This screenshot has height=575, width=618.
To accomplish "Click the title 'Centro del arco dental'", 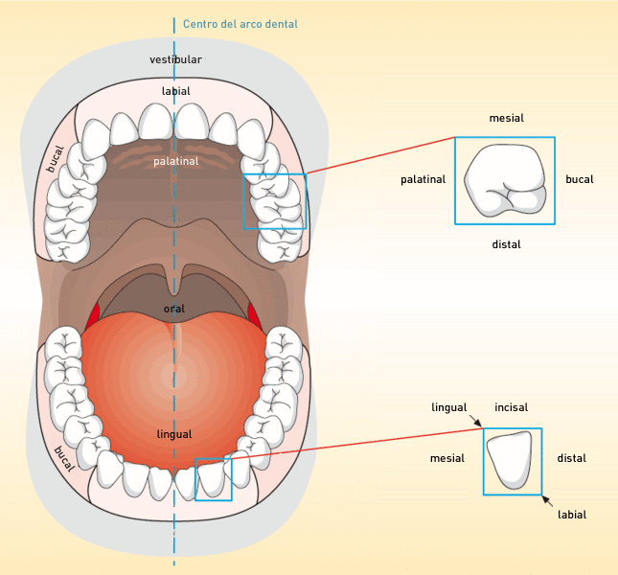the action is [x=240, y=24].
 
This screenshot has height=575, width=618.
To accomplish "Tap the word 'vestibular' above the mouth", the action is [x=175, y=59].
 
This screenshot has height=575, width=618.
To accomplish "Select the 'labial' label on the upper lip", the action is [x=175, y=91].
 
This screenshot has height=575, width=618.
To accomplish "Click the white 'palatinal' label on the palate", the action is [x=175, y=161].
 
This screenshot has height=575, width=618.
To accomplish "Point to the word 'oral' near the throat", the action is [x=174, y=309].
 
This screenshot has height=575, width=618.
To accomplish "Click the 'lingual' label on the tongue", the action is [x=174, y=434].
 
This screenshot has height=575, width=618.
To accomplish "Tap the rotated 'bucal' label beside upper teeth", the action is [x=56, y=159].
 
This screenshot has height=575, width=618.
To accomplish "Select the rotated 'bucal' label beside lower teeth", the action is [x=64, y=459].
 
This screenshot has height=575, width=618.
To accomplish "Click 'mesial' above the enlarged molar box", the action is [x=507, y=118].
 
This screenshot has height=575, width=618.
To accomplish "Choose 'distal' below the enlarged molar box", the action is [x=506, y=244].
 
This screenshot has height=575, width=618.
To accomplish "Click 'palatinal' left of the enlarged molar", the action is [x=423, y=180].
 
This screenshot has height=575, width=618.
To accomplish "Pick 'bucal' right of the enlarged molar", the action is [x=580, y=179].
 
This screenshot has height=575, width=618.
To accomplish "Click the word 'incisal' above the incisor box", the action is [x=512, y=407].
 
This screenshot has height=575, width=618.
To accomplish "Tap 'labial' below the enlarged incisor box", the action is [x=572, y=515].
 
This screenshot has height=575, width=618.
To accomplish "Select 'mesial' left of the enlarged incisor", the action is [x=446, y=458].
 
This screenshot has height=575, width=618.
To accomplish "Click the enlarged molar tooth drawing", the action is [x=505, y=180].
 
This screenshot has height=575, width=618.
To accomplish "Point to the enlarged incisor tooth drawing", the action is [x=510, y=460].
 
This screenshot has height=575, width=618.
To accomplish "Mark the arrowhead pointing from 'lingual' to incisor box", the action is [x=478, y=424].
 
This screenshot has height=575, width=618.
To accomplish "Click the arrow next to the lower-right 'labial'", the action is [x=547, y=500].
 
